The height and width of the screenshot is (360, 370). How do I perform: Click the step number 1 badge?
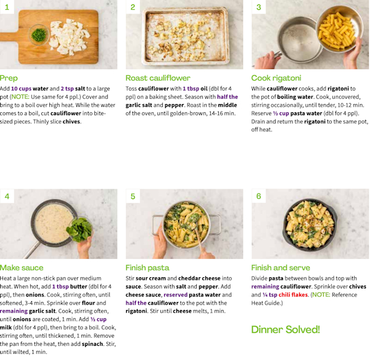point(7,7)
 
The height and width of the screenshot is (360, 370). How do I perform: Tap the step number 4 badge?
point(7,196)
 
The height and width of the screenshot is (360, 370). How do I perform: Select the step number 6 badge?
point(258,196)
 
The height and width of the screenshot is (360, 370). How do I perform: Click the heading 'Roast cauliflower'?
point(158,78)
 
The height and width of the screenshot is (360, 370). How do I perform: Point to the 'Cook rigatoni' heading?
point(276,78)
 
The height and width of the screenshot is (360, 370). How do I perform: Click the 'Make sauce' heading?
point(22,268)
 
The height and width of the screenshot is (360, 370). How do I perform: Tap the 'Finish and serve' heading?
point(281,268)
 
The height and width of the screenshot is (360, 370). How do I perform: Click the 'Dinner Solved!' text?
point(286,330)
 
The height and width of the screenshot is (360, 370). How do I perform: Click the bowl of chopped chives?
point(39,35)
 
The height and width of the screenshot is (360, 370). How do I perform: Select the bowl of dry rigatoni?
point(339,29)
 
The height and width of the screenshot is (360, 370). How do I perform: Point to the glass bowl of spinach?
point(80,229)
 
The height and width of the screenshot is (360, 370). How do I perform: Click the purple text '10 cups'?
point(21,89)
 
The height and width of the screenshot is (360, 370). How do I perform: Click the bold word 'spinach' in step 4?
point(92,344)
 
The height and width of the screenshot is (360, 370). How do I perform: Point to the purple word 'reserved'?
point(175,295)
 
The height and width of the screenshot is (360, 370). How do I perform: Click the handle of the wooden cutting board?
point(9,38)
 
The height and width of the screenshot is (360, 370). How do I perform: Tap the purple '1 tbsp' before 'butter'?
point(60,287)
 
